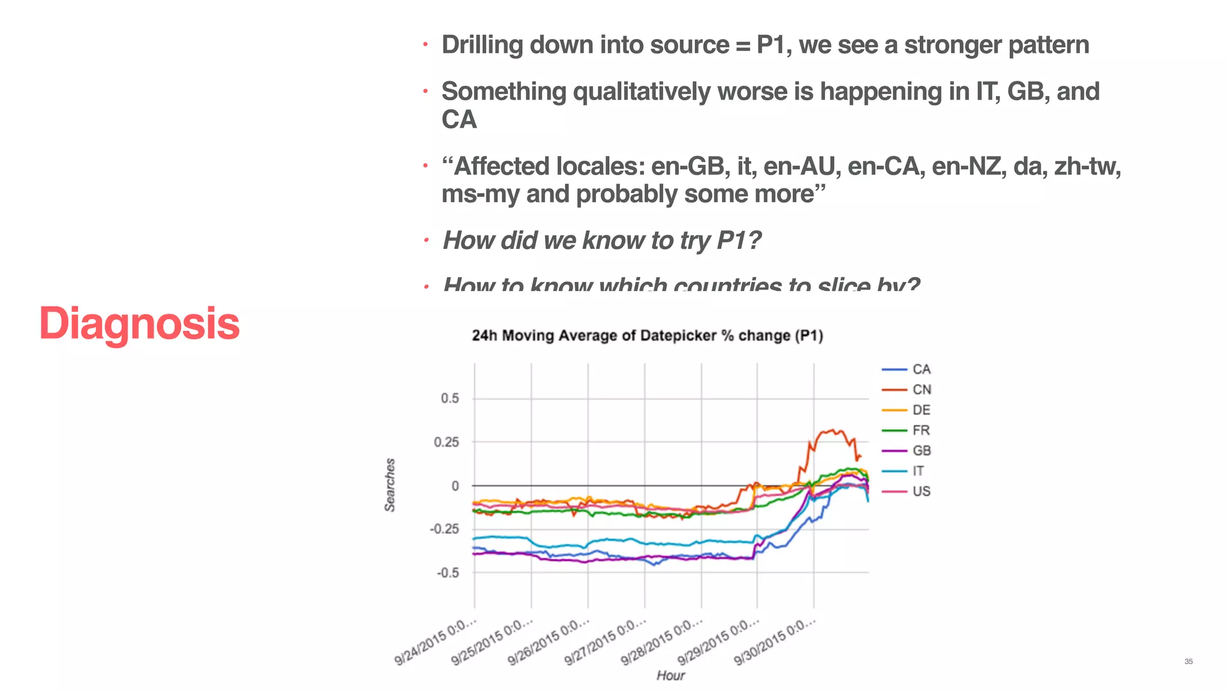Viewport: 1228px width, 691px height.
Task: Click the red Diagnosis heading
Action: [x=139, y=323]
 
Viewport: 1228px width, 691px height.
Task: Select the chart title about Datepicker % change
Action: [x=647, y=335]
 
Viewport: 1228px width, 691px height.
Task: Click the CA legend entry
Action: [x=921, y=369]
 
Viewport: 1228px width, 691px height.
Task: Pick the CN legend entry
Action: [x=921, y=390]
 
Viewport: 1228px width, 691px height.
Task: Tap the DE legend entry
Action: [x=921, y=410]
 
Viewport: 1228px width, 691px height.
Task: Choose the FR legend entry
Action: [x=921, y=431]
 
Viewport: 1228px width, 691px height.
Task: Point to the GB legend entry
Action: [x=921, y=450]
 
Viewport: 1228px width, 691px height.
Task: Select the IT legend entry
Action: [x=918, y=471]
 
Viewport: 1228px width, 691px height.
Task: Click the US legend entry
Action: [x=921, y=491]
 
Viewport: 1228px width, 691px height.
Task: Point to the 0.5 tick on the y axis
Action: [x=450, y=398]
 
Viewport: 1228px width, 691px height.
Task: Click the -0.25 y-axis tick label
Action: [x=444, y=529]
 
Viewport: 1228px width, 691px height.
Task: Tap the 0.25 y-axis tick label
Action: [x=447, y=442]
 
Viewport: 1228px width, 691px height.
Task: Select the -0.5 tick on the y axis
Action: [x=447, y=573]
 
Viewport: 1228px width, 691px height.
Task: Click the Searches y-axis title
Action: [x=390, y=485]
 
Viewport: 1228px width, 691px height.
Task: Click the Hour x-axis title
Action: [x=670, y=675]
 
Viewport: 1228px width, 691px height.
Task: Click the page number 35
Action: [x=1188, y=662]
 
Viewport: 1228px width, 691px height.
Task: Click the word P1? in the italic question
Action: [x=739, y=241]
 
